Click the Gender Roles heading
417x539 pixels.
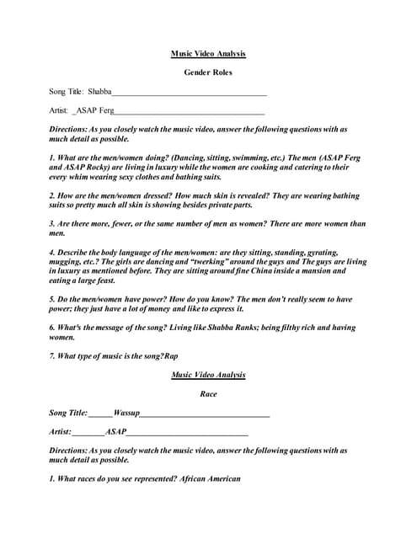[x=208, y=72]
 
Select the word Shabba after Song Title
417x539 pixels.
[x=99, y=91]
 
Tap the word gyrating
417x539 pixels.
[x=317, y=252]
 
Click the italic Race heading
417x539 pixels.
[x=208, y=393]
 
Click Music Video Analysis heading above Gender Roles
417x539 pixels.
[x=208, y=53]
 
